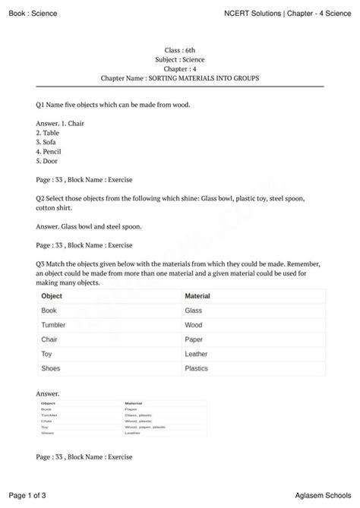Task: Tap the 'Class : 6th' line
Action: point(180,49)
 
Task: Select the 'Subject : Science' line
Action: point(180,59)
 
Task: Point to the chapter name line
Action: point(180,78)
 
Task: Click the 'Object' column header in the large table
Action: point(52,296)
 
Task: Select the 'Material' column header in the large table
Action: point(197,296)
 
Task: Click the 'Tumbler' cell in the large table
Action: point(54,325)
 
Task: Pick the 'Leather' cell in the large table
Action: point(196,354)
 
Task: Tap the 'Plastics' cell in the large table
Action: point(196,368)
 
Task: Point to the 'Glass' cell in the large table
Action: point(194,311)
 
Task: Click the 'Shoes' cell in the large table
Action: point(52,368)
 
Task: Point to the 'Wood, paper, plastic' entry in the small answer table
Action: point(144,427)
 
